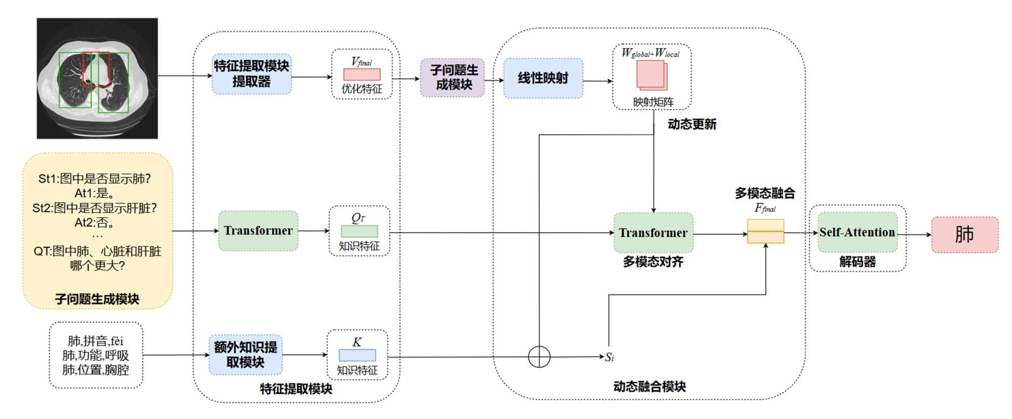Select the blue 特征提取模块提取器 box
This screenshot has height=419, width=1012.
coord(251,74)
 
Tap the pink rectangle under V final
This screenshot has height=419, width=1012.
coord(362,74)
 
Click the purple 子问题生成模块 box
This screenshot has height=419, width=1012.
coord(452,77)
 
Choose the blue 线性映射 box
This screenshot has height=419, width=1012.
coord(543,78)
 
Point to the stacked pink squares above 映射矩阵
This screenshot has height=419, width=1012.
coord(652,76)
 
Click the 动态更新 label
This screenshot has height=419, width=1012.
coord(692,124)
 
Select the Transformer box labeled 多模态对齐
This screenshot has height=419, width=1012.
coord(653,233)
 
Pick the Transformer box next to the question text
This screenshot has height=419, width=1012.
coord(258,231)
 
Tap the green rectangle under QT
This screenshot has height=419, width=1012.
coord(359,231)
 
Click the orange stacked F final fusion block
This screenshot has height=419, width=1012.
coord(766,231)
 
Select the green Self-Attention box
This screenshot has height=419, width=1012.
coord(857,232)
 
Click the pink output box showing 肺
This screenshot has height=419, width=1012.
coord(964,235)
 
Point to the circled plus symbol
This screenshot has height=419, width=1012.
coord(539,357)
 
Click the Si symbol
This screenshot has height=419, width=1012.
coord(609,357)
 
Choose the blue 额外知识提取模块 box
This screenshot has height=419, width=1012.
coord(245,355)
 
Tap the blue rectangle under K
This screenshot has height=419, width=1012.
coord(357,355)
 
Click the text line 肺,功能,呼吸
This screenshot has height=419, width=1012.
coord(96,355)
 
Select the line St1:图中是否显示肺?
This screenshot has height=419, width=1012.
coord(95,179)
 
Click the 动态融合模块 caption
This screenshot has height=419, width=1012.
coord(649,387)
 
